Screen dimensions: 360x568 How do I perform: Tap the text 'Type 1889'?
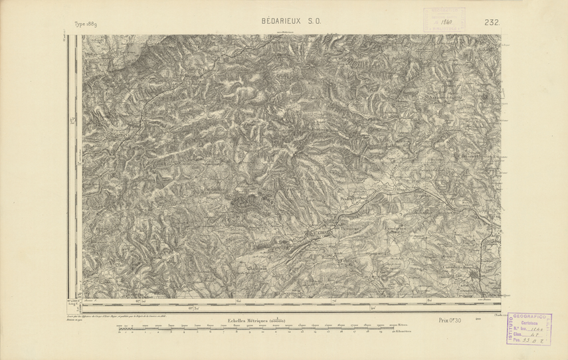pos(86,24)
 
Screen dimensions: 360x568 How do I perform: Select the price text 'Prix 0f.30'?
pos(450,321)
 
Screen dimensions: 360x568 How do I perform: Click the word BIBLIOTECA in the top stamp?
pos(444,11)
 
